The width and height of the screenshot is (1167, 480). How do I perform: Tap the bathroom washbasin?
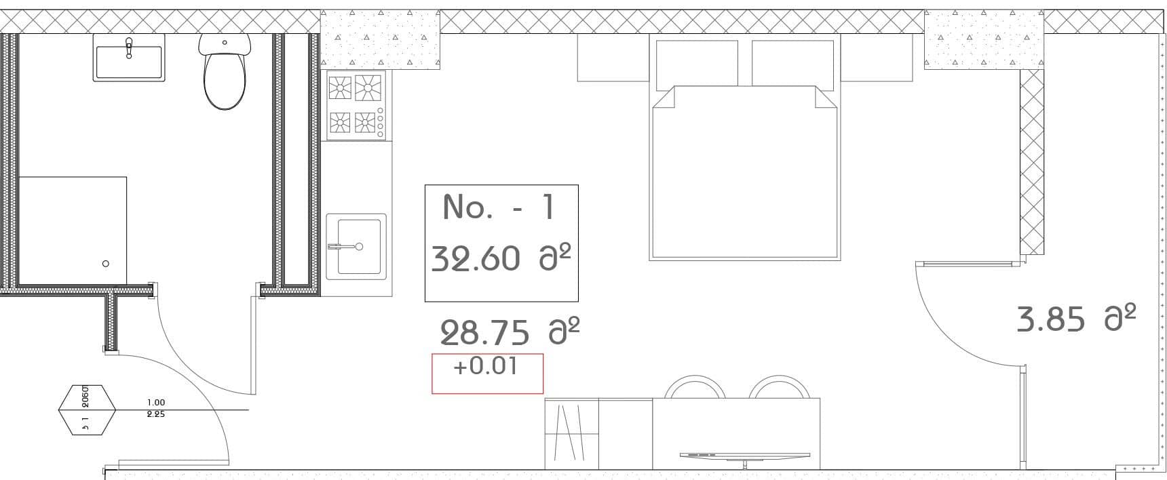point(129,61)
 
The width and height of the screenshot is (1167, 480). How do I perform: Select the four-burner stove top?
point(356,105)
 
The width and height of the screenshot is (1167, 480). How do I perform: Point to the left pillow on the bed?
point(697,63)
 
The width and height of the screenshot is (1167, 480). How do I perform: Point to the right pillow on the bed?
point(792,63)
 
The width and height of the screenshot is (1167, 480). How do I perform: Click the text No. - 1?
point(499,207)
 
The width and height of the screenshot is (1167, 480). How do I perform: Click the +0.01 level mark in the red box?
point(485,367)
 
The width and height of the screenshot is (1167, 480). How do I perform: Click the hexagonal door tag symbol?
point(87,409)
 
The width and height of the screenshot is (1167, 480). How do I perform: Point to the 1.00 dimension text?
point(156,403)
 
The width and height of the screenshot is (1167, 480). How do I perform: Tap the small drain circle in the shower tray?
point(105,264)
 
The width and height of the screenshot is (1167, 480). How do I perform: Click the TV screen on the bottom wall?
point(744,455)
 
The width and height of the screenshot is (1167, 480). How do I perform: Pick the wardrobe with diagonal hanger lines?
point(572,434)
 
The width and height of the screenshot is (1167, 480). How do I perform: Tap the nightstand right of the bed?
point(877,58)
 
